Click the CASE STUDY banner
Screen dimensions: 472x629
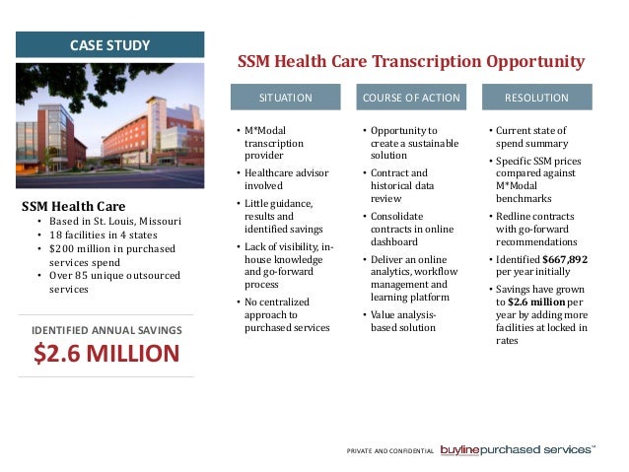(110, 44)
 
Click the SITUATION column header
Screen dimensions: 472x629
(286, 98)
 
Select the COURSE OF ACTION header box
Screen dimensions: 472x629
(411, 98)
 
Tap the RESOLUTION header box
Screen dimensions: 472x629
(536, 98)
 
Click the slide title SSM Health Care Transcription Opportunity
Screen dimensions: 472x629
(411, 62)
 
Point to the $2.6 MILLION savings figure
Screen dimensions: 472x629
(108, 354)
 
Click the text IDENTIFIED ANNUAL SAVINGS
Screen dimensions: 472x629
(108, 328)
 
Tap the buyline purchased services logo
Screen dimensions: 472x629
(517, 449)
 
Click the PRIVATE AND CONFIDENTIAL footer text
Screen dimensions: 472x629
(390, 451)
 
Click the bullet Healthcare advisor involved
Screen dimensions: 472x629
(280, 179)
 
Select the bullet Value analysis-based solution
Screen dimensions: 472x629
(403, 321)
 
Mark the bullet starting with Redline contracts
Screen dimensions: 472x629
(537, 229)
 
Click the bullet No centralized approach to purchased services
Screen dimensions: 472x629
(286, 314)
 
